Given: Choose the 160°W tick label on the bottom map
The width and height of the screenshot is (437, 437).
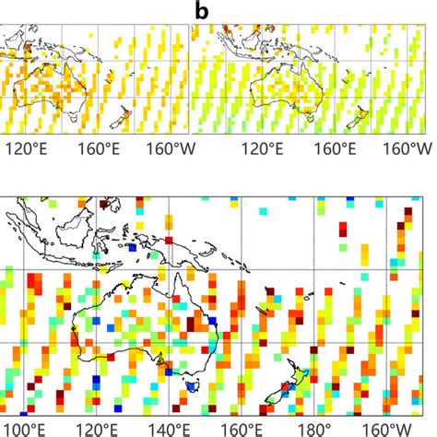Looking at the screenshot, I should pos(392,428).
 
